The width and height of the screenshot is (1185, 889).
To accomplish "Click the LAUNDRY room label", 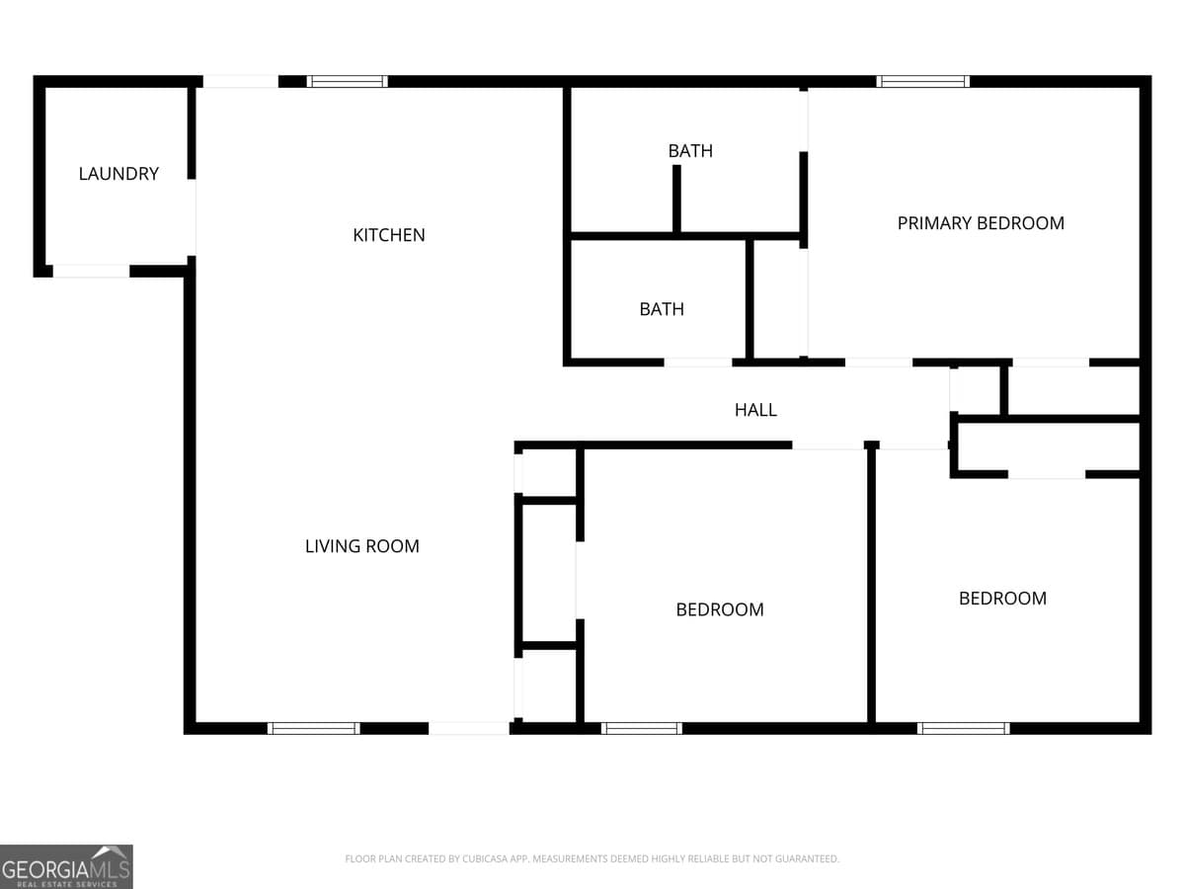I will click(118, 174).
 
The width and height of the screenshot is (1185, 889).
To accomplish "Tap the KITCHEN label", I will click(389, 235).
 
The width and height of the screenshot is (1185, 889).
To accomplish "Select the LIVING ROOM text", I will click(361, 546).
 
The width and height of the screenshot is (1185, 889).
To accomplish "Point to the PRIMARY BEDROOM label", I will click(981, 223).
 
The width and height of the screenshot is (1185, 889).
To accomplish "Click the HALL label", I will click(755, 410).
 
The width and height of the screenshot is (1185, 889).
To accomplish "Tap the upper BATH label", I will click(690, 151).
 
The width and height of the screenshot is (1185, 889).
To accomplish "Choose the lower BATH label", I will click(662, 309).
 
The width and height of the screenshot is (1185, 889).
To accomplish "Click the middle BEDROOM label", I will click(720, 609).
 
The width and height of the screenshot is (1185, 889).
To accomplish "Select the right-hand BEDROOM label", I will click(1002, 599).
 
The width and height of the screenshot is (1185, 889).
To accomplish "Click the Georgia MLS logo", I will click(66, 866).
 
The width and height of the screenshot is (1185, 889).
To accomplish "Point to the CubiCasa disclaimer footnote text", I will click(592, 859).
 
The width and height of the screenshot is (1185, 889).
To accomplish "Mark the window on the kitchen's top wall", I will click(347, 82).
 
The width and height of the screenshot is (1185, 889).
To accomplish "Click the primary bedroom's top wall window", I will click(923, 82).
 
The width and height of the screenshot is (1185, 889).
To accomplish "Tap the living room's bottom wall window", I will click(314, 729).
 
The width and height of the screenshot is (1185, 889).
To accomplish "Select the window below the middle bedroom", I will click(642, 729).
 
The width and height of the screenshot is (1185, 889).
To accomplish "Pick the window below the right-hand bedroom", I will click(963, 729).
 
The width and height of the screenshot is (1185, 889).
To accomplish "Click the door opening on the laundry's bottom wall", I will click(91, 271).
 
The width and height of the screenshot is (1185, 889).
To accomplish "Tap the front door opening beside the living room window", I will click(469, 729).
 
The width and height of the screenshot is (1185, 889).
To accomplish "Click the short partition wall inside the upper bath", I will click(676, 199).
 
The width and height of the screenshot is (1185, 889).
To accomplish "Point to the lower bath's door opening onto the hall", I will click(698, 363).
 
